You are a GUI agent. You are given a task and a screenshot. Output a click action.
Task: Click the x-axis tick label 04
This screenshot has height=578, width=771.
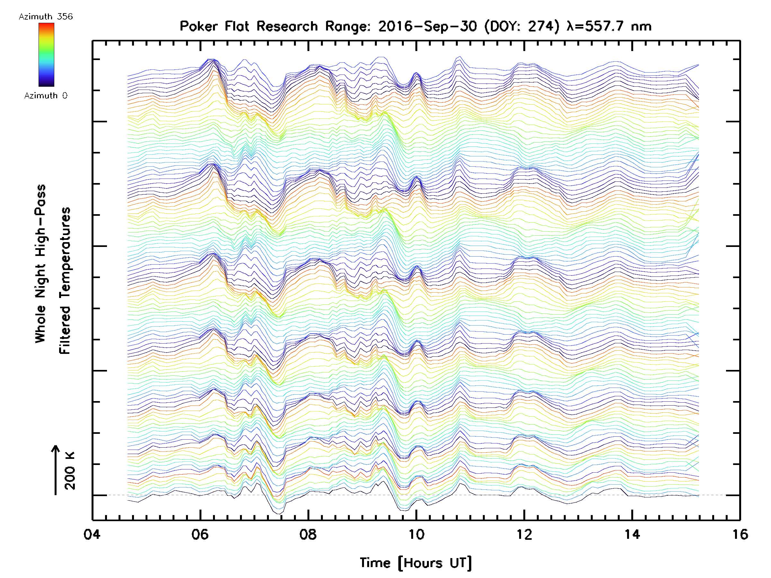(92, 534)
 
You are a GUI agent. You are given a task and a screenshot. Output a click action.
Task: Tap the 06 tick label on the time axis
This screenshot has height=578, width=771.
(200, 534)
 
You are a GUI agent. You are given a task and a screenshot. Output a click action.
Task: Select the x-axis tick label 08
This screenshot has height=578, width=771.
(308, 534)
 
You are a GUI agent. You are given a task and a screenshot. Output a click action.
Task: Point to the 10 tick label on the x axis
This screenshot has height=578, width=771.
(416, 534)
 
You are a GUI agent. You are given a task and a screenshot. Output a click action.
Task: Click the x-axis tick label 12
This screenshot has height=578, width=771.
(524, 534)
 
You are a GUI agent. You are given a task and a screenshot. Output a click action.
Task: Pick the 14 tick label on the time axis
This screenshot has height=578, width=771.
(632, 534)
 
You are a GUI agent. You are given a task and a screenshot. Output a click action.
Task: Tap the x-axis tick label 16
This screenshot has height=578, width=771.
(740, 534)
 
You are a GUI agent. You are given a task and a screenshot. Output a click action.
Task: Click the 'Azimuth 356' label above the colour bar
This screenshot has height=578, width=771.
(46, 16)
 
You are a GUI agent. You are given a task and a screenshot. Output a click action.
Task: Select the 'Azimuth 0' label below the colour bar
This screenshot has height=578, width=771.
(46, 95)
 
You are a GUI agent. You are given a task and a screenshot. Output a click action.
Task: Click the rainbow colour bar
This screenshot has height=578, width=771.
(46, 55)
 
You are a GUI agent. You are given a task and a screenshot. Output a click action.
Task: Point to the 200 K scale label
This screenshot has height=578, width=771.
(70, 471)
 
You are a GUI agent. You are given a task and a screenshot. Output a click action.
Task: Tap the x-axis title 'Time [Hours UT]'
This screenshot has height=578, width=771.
(416, 563)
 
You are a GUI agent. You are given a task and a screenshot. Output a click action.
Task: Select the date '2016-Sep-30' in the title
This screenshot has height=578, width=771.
(427, 26)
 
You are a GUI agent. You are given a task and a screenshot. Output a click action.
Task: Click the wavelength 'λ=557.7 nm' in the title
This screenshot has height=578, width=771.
(609, 26)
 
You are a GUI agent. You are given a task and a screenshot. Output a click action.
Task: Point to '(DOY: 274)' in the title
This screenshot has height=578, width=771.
(522, 26)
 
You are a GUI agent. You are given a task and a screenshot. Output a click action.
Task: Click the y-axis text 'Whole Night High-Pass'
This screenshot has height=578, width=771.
(40, 264)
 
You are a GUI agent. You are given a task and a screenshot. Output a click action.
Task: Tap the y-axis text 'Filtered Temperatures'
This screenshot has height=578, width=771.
(65, 281)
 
